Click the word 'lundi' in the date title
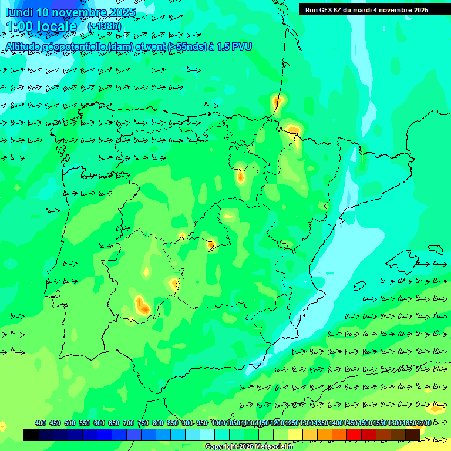pos(19,12)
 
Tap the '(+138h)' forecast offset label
pos(104,26)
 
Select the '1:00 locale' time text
pos(41,26)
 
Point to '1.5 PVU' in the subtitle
pos(234,46)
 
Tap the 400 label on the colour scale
pos(41,423)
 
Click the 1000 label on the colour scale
pos(218,423)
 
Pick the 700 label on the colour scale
pos(129,423)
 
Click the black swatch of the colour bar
pos(31,435)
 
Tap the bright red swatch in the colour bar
pos(354,435)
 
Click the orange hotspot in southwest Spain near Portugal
pos(142,305)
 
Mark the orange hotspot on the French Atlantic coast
pos(277,102)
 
